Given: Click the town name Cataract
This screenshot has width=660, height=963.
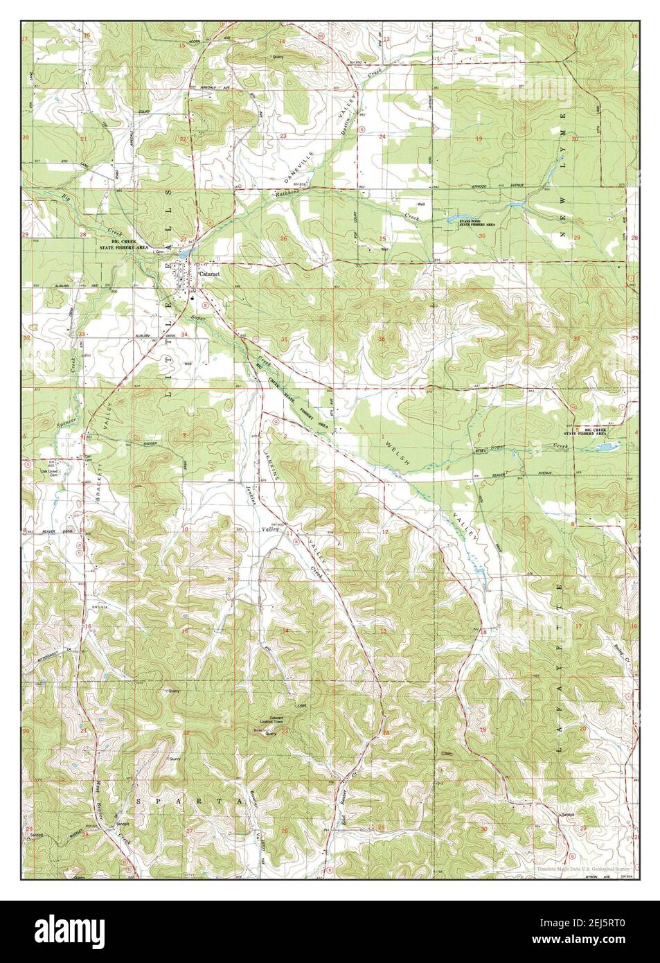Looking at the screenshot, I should (211, 274).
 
